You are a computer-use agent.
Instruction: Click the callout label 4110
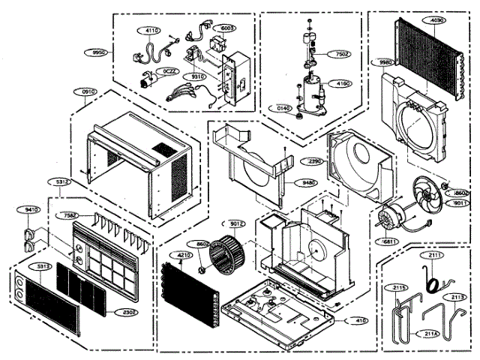click(x=152, y=31)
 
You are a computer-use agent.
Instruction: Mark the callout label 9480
click(x=307, y=182)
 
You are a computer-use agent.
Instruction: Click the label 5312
click(x=62, y=182)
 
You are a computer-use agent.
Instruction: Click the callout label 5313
click(x=42, y=266)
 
